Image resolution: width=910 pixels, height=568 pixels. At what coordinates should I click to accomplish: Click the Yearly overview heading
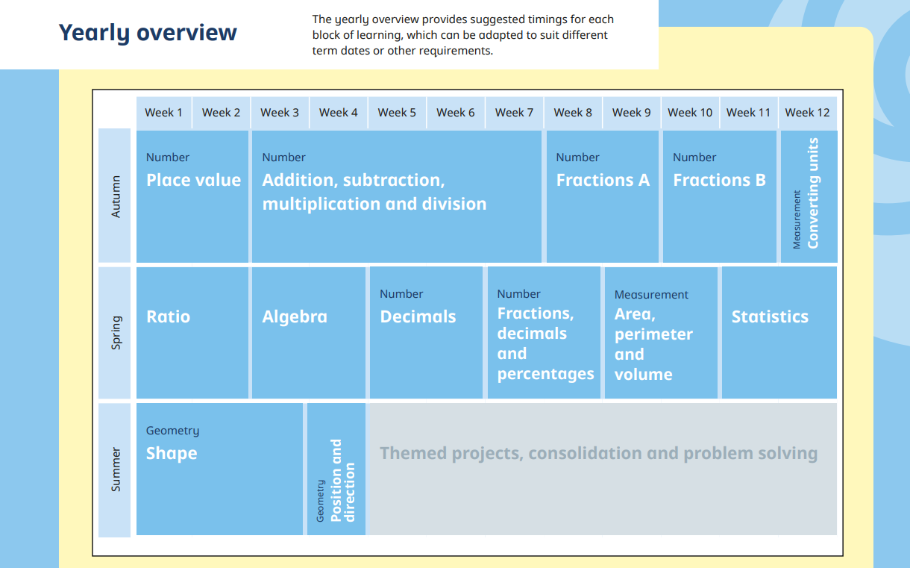(148, 33)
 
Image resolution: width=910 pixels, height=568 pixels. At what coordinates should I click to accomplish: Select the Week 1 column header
(163, 113)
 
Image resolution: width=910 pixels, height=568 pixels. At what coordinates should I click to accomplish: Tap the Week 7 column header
(514, 113)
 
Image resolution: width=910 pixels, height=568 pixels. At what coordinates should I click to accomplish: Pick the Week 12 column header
(807, 113)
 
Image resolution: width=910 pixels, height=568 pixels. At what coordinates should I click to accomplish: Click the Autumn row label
(116, 196)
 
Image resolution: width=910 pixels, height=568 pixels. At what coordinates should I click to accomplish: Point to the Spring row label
(116, 333)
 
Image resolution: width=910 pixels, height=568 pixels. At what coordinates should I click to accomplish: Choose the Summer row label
(116, 469)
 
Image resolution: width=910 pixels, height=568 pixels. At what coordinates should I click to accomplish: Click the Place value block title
(193, 180)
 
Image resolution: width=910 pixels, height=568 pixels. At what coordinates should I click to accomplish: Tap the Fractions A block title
(603, 180)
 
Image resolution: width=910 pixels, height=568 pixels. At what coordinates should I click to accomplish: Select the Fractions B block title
(720, 180)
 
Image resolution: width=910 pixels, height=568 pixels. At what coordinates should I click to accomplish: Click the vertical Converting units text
(813, 193)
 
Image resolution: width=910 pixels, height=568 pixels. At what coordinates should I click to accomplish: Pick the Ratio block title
(168, 316)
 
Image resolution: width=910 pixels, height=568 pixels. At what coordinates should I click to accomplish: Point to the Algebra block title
(295, 316)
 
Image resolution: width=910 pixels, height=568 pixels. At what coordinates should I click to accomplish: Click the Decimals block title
(418, 316)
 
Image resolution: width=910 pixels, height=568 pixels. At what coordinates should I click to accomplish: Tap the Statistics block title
(770, 316)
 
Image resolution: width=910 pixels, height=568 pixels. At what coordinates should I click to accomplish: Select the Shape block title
(172, 454)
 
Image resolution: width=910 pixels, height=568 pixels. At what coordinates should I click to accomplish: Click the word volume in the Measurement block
(643, 375)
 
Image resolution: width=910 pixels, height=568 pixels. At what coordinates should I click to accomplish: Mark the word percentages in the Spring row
(545, 374)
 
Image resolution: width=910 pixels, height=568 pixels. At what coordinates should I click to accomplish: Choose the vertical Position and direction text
(343, 480)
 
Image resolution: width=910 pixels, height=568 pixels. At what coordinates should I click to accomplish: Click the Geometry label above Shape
(172, 431)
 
